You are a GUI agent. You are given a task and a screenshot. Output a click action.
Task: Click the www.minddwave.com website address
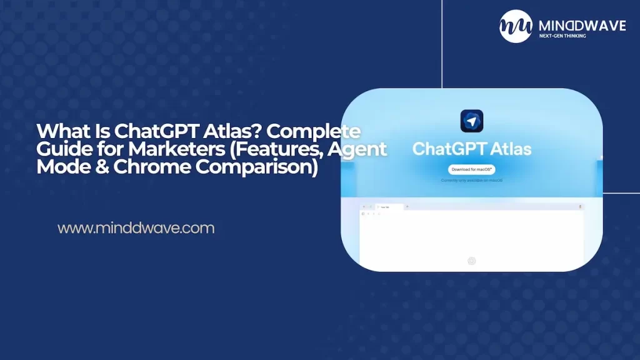coord(136,228)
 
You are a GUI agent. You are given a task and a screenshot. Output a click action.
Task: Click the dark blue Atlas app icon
coord(472,121)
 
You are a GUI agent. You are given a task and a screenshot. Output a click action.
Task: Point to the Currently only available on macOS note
coord(472,181)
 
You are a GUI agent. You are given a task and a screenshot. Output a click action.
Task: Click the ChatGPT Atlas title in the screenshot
coord(472,149)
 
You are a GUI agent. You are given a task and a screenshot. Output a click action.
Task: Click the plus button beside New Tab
coord(407,206)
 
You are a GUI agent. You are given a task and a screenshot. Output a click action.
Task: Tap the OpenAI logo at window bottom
coord(472,261)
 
